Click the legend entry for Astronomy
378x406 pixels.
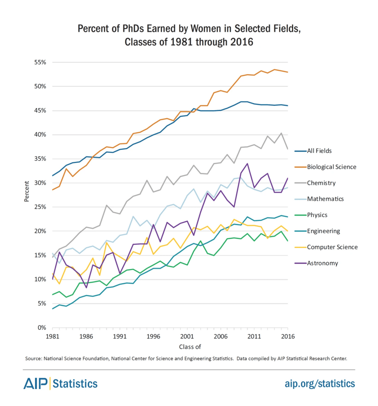pyautogui.click(x=322, y=263)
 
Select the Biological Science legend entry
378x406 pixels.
pyautogui.click(x=331, y=167)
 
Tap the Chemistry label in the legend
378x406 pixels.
pyautogui.click(x=321, y=183)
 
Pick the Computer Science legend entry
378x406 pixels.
pyautogui.click(x=332, y=247)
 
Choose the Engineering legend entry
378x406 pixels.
pyautogui.click(x=323, y=231)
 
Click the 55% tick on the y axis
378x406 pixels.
pyautogui.click(x=40, y=62)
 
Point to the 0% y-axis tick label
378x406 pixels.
pyautogui.click(x=42, y=328)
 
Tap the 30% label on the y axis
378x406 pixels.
pyautogui.click(x=40, y=183)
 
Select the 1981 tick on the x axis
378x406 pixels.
pyautogui.click(x=52, y=336)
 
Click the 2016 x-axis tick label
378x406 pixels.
pyautogui.click(x=288, y=336)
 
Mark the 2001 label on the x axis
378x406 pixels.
pyautogui.click(x=187, y=336)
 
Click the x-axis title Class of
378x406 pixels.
pyautogui.click(x=190, y=347)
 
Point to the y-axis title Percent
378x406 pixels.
pyautogui.click(x=27, y=191)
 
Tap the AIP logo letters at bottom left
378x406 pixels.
pyautogui.click(x=35, y=384)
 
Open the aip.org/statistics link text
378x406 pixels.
pyautogui.click(x=320, y=384)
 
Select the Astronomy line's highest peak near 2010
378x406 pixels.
pyautogui.click(x=247, y=164)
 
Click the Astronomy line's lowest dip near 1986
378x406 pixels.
pyautogui.click(x=86, y=288)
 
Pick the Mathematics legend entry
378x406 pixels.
pyautogui.click(x=325, y=199)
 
